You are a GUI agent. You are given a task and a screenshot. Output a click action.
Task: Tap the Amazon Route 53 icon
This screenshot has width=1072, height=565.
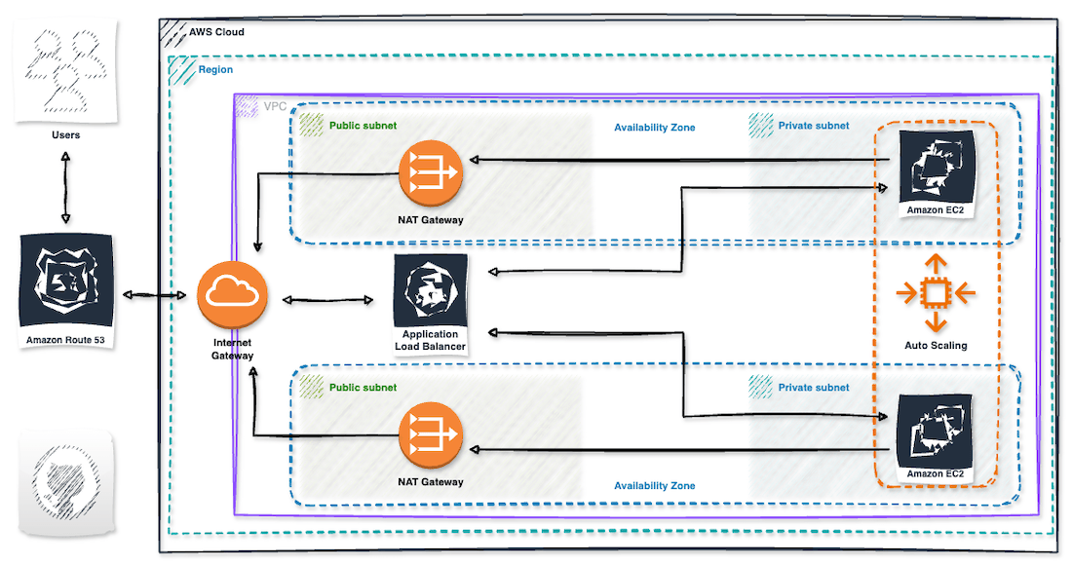tap(65, 282)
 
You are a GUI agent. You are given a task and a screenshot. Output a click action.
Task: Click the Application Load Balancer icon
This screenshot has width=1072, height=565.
tap(430, 290)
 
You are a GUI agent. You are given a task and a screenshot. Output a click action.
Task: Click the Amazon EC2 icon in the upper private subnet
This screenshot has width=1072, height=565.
tap(936, 165)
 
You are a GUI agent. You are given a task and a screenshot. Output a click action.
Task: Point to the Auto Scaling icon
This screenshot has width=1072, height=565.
tap(936, 292)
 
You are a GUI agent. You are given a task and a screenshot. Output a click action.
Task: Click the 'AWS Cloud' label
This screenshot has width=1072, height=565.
tap(216, 32)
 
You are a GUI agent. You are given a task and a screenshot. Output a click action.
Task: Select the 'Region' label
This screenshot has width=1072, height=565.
tap(215, 70)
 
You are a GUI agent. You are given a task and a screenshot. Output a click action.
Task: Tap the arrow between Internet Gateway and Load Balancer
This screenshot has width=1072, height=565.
tap(329, 299)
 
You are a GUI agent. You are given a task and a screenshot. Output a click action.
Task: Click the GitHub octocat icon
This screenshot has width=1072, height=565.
tap(64, 484)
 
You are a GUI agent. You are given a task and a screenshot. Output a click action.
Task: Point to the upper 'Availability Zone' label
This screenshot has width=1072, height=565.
tap(654, 128)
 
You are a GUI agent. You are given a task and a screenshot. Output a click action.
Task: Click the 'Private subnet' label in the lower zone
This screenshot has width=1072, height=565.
tap(813, 388)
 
